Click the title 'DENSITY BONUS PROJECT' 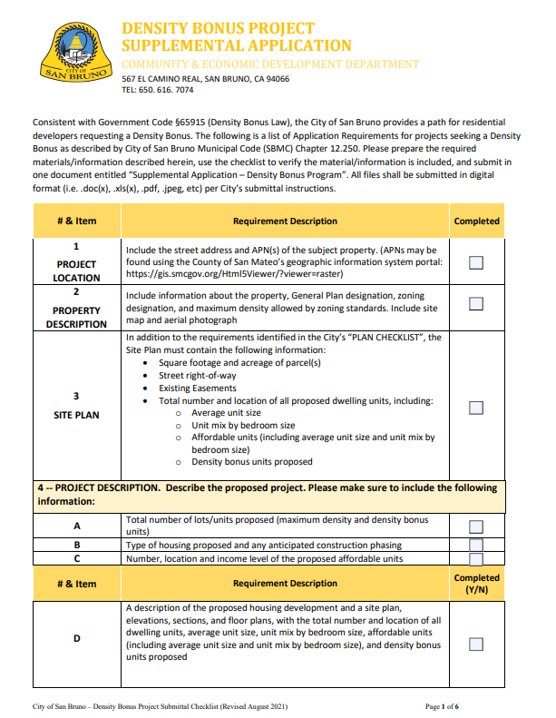[x=219, y=29]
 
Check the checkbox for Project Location [x=475, y=262]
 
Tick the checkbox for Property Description [x=475, y=302]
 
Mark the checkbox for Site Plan [x=475, y=408]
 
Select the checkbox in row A [x=475, y=526]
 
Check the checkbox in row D [x=475, y=644]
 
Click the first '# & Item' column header [x=76, y=221]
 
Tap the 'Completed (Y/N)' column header [x=476, y=583]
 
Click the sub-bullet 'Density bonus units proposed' [x=251, y=461]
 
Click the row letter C [x=76, y=558]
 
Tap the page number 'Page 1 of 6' [x=443, y=705]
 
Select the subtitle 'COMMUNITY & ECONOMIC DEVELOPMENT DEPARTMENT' [x=270, y=64]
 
